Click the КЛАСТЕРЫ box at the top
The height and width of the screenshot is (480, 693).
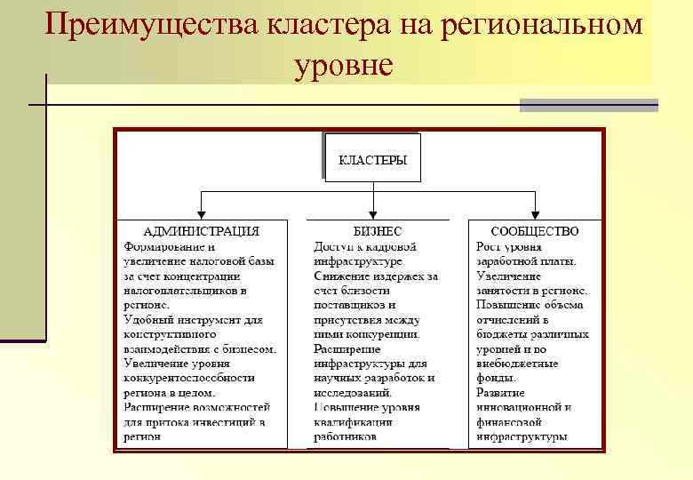click(372, 159)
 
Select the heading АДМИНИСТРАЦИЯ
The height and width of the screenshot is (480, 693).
click(202, 230)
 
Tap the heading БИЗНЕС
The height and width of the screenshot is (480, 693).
click(378, 230)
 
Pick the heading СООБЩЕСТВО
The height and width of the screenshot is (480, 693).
click(535, 230)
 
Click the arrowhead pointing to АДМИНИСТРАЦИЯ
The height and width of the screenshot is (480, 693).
click(203, 212)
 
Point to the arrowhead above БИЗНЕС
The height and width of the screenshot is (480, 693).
click(371, 212)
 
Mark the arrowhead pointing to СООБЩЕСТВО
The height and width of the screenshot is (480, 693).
click(537, 212)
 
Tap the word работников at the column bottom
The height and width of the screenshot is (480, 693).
click(345, 436)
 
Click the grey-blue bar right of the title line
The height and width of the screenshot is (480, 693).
click(588, 105)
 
